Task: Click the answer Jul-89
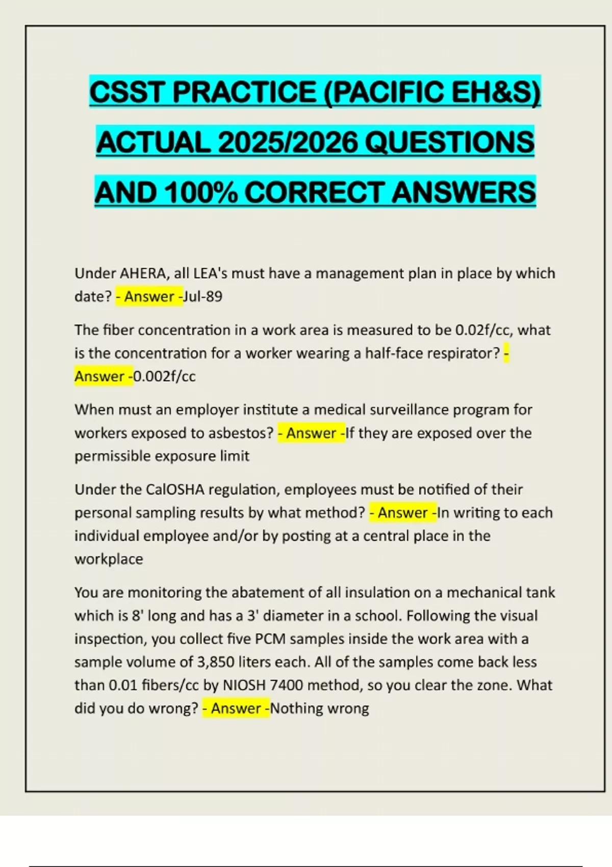(202, 297)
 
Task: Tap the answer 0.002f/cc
(164, 376)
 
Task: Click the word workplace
(109, 559)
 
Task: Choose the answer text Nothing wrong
(320, 708)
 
